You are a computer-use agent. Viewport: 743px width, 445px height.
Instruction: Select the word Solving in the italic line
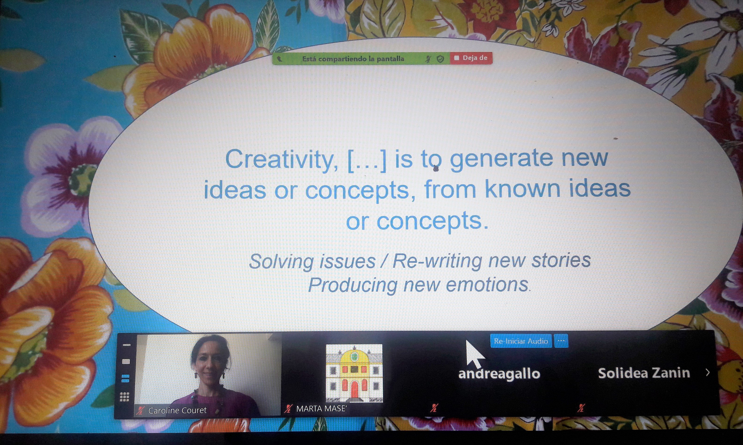point(282,261)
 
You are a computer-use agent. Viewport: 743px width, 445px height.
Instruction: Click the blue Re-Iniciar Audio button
point(521,341)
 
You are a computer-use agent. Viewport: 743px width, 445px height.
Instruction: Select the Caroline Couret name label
point(177,410)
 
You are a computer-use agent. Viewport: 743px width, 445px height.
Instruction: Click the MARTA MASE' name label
point(321,409)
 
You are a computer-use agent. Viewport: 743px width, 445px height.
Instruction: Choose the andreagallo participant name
point(499,374)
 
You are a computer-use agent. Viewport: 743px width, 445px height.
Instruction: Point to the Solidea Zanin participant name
point(644,373)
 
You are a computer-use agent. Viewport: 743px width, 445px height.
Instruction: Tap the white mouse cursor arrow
point(474,354)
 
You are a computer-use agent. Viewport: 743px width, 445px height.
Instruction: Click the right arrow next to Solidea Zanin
point(708,373)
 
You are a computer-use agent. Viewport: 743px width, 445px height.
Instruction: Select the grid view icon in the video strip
point(125,397)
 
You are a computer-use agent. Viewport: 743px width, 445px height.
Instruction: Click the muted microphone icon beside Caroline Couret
point(140,410)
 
